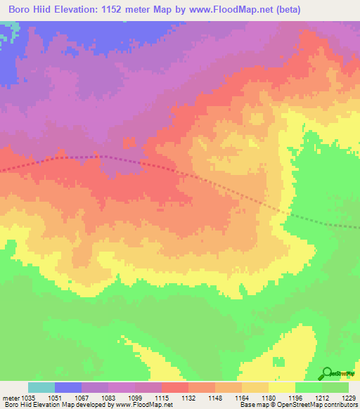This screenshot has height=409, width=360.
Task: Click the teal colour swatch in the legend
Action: click(x=41, y=387)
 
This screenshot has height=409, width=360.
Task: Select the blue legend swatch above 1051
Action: click(x=68, y=387)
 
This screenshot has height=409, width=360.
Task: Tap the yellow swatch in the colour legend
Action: click(x=282, y=387)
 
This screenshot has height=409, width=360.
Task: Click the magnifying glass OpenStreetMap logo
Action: click(x=327, y=373)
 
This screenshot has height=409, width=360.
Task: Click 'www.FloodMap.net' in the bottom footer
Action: click(x=143, y=405)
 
